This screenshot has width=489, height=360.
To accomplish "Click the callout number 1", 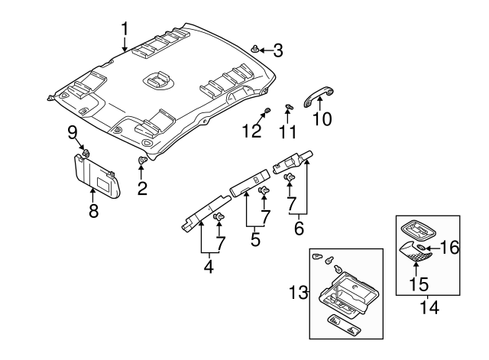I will point(125,30).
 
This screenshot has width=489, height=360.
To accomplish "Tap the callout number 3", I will point(277,51).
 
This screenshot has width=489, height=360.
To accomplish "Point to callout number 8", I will point(93,212).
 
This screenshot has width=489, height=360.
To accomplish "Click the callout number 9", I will point(73,131).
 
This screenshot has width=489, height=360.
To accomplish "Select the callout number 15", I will point(418,284).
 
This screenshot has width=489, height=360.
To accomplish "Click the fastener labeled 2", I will point(142,161).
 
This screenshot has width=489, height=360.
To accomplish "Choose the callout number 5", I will point(255,239).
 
